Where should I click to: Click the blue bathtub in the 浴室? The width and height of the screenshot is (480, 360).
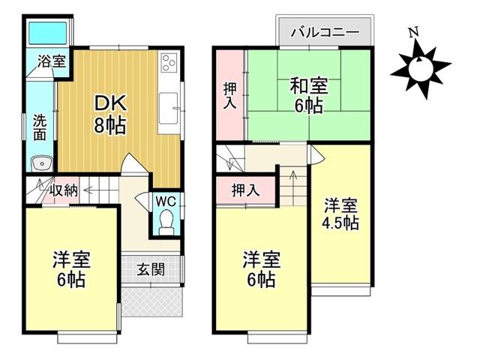point(47,33)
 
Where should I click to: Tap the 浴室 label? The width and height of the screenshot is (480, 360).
point(52,61)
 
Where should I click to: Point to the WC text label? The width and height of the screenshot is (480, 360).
point(166,202)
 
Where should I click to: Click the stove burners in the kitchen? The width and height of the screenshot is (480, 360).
point(169,63)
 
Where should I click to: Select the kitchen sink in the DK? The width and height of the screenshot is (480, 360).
point(168,108)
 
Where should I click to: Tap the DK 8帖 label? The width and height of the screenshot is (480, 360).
point(110,114)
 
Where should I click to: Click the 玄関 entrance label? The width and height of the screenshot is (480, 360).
point(151,270)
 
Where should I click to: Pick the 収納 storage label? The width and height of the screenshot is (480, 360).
point(64,190)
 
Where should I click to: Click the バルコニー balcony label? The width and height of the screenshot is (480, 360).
point(325,31)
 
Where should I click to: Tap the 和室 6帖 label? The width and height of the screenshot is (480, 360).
point(308,95)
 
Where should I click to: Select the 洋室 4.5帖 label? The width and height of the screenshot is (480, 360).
point(340,214)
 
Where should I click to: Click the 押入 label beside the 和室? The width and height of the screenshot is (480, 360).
point(229,96)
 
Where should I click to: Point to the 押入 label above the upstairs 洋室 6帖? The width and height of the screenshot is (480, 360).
point(246,190)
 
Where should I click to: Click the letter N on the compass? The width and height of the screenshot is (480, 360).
point(414,32)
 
